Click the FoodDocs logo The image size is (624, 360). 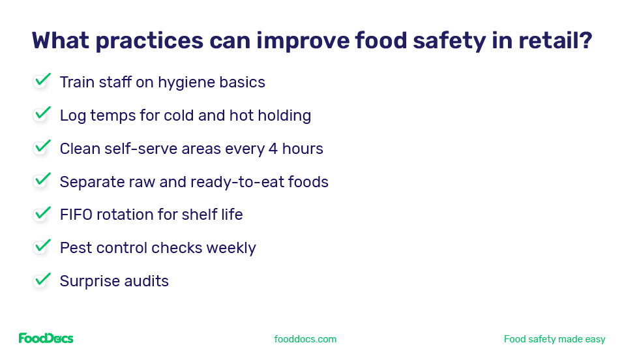coord(46,338)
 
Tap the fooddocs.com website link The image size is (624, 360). coord(305,339)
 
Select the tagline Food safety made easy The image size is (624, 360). coord(554,339)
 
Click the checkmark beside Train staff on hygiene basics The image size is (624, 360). coord(42,81)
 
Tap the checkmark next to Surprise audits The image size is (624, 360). coord(42,280)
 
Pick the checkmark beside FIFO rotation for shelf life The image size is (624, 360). coord(42,213)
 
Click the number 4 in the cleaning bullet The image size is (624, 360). coord(273,149)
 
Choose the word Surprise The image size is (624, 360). coord(88,281)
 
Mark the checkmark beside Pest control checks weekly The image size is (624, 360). coord(42,247)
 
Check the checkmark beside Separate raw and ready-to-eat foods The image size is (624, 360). coord(42,180)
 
